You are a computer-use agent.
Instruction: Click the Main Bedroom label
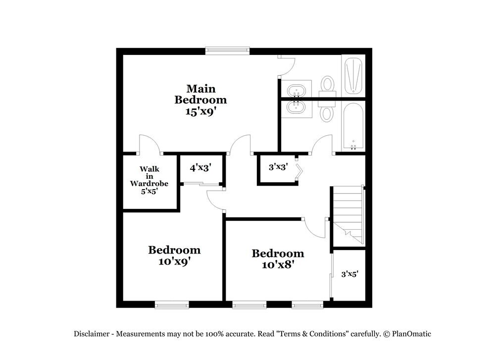coord(200,94)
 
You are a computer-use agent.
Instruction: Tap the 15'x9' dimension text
coord(200,111)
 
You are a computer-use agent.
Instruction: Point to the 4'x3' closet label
coord(200,168)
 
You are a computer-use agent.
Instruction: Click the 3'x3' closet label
coord(278,167)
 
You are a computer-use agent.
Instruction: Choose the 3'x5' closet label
coord(349,273)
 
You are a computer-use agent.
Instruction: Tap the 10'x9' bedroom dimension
coord(174,261)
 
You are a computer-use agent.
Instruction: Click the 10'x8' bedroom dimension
coord(278,265)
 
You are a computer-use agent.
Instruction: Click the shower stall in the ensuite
coord(353,76)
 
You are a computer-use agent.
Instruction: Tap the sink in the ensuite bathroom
coord(296,91)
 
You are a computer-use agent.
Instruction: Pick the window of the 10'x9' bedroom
coord(172,304)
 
